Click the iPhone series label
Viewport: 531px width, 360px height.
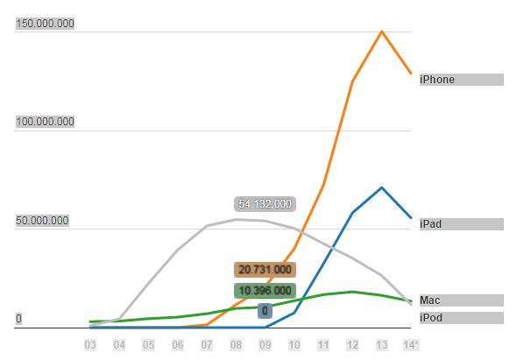438,80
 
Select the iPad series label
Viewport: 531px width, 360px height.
432,224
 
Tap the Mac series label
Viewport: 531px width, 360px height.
431,300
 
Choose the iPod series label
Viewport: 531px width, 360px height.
432,317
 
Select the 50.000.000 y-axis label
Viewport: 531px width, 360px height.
42,221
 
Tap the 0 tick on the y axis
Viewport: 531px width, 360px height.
18,319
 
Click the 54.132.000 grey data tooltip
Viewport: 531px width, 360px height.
265,204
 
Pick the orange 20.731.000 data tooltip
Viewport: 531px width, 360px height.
265,270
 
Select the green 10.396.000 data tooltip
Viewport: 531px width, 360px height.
265,290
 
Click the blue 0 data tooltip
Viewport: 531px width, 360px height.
265,311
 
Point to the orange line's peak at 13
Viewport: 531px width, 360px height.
382,32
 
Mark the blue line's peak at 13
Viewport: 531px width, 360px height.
382,187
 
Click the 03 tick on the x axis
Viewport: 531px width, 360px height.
89,345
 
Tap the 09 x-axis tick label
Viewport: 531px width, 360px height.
265,345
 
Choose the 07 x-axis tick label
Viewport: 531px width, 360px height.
207,345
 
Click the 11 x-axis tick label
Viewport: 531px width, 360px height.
323,345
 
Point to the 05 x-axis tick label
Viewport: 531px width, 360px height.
148,345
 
